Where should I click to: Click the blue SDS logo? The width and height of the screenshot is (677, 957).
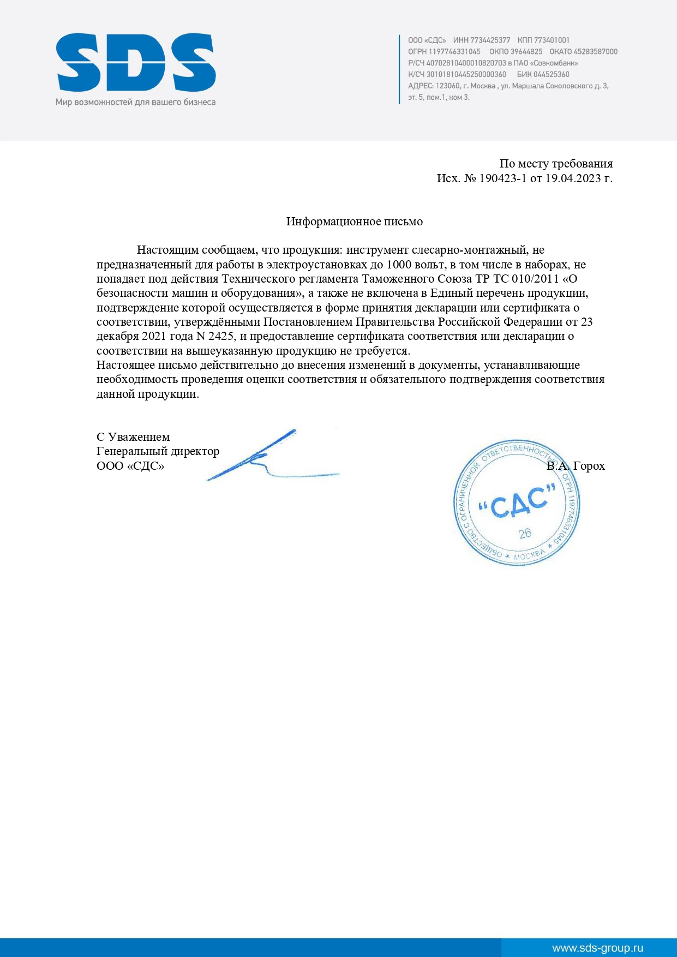point(136,62)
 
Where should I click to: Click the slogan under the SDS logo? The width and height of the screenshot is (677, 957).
point(135,102)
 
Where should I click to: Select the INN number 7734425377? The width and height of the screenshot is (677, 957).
point(489,40)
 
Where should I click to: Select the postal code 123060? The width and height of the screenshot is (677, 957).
point(447,86)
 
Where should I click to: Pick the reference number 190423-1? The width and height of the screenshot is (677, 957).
point(503,178)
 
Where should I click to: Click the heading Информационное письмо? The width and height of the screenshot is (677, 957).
point(355,222)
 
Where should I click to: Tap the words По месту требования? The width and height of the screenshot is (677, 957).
point(556,164)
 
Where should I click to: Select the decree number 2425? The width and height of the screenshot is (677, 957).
point(221,336)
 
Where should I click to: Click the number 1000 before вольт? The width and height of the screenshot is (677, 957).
point(400,265)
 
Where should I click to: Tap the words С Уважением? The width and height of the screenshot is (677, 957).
point(133,437)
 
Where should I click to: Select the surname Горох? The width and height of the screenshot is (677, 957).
point(589,466)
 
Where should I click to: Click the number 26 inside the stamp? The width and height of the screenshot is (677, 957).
point(525,533)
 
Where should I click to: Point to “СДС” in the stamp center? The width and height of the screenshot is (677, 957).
point(517,503)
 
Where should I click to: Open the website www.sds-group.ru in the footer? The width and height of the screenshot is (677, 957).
point(597,948)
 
